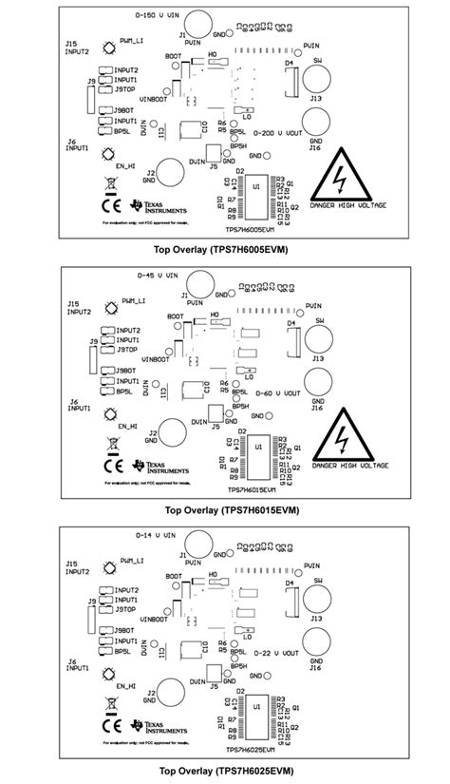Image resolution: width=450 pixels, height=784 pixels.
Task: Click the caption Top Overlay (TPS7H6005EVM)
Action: point(220,250)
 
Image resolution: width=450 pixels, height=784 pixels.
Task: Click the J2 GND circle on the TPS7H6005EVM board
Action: point(172,173)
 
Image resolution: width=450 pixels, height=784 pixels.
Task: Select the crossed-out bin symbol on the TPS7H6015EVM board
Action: point(110,442)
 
